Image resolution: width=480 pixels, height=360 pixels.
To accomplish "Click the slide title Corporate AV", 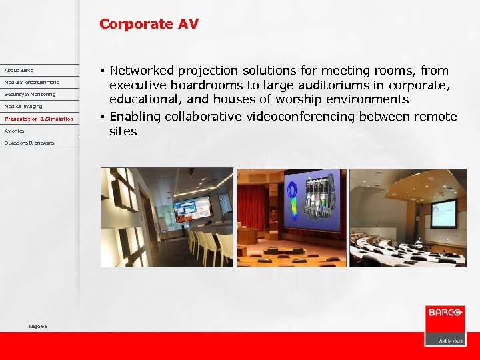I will [x=149, y=24].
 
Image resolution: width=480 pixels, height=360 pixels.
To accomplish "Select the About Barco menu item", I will [x=19, y=70].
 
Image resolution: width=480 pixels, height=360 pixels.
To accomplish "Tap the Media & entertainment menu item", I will [x=31, y=82].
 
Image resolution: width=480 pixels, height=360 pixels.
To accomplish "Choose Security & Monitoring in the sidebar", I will [x=30, y=94].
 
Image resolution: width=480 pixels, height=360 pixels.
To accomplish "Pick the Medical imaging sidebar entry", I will [x=23, y=106].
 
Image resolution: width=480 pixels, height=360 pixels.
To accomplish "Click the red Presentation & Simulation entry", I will [x=39, y=119].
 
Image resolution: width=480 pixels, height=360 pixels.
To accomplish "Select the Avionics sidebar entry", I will [x=14, y=131].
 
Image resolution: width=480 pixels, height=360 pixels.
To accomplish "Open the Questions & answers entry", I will [x=29, y=143].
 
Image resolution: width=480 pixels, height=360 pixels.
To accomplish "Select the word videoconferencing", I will [x=298, y=117].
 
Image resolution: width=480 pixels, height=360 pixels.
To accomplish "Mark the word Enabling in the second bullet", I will [x=135, y=117].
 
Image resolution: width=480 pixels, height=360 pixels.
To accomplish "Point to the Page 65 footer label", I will [x=39, y=326].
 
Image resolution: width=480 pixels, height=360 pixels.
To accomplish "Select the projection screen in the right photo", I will [x=443, y=213].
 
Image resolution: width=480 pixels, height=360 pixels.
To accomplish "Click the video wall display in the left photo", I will [x=193, y=211].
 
